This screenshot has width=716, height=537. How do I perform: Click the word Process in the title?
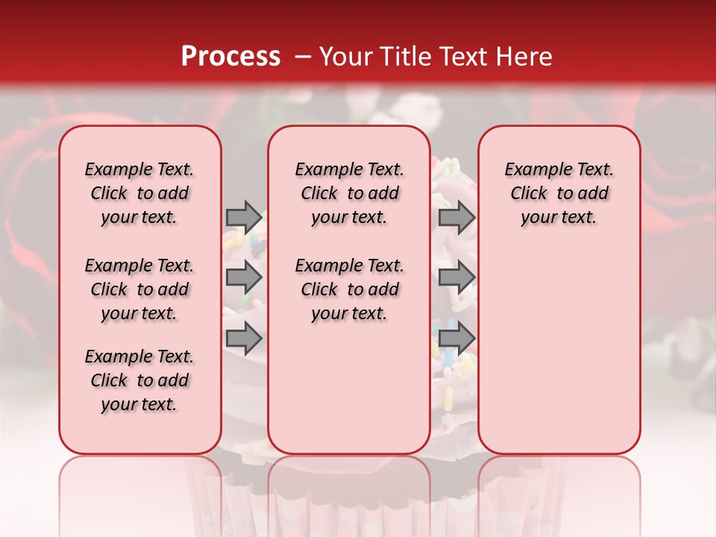pyautogui.click(x=230, y=57)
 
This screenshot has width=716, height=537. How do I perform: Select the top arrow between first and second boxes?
pyautogui.click(x=244, y=218)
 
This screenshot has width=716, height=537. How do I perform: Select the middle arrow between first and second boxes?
pyautogui.click(x=244, y=278)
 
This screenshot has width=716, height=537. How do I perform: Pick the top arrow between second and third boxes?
pyautogui.click(x=456, y=218)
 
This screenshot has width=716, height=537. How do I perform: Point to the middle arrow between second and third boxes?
pyautogui.click(x=456, y=278)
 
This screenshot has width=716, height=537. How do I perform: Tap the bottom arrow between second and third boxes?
pyautogui.click(x=456, y=337)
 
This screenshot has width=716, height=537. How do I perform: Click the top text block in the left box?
pyautogui.click(x=139, y=193)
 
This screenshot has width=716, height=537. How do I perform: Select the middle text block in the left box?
pyautogui.click(x=139, y=289)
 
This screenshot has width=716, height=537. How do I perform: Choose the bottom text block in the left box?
pyautogui.click(x=139, y=380)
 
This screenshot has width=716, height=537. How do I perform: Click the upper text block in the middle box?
pyautogui.click(x=349, y=193)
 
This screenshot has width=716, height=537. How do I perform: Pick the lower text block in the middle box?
pyautogui.click(x=349, y=289)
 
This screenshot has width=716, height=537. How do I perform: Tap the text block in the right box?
pyautogui.click(x=559, y=193)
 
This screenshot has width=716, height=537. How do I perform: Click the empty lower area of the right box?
pyautogui.click(x=559, y=343)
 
